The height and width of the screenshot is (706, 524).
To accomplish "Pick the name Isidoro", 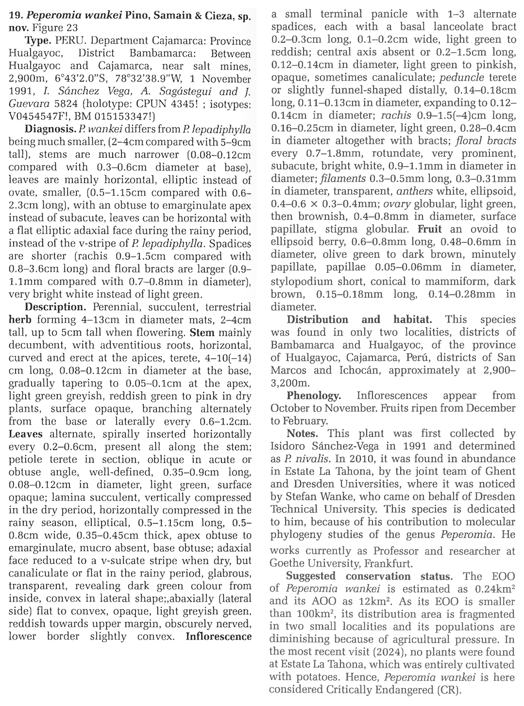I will (x=292, y=446).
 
